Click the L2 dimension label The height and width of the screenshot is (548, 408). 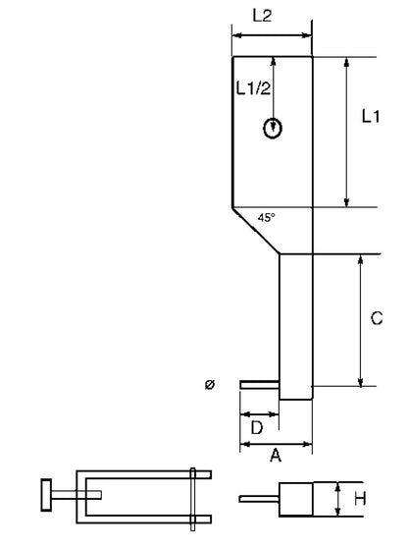[262, 16]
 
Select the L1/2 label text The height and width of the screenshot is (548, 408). [253, 88]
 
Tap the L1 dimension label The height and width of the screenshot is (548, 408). [371, 116]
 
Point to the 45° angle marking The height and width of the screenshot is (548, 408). [267, 218]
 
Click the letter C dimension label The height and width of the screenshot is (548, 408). [377, 318]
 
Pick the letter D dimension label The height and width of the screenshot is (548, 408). [257, 427]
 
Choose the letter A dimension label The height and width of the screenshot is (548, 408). [276, 456]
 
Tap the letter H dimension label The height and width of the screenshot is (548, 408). [360, 499]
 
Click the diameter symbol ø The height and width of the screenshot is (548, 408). [210, 385]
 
